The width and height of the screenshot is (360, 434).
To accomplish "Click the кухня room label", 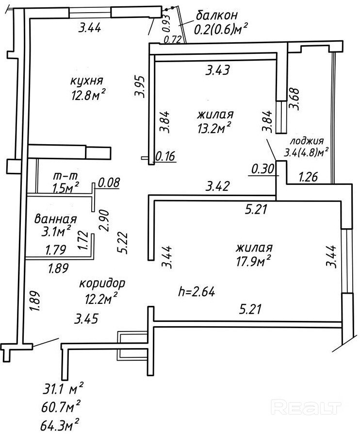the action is (87, 81).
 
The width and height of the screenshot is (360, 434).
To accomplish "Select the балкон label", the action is (217, 15).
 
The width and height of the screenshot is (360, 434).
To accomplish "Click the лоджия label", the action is (306, 141).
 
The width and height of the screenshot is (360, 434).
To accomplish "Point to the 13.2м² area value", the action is (214, 128).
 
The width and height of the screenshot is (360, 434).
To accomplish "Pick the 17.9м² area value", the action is (253, 261).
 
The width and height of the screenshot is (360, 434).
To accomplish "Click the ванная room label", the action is (55, 219).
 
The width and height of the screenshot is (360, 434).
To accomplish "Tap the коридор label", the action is (102, 284).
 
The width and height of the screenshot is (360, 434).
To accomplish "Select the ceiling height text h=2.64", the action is (197, 292).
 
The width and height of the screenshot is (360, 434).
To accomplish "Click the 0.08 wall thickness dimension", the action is (109, 183).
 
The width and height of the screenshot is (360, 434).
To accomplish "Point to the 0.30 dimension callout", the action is (262, 169).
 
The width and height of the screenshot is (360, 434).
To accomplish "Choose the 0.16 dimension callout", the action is (165, 156).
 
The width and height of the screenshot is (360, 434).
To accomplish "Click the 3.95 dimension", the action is (140, 86).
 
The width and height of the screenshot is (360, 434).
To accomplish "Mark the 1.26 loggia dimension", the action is (308, 177).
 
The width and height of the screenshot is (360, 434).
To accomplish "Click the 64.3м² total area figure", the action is (61, 425).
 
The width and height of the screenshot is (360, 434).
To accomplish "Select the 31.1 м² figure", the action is (63, 390).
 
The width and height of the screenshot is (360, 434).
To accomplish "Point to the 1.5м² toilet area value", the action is (66, 188).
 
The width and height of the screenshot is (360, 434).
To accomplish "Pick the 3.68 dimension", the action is (294, 99).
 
